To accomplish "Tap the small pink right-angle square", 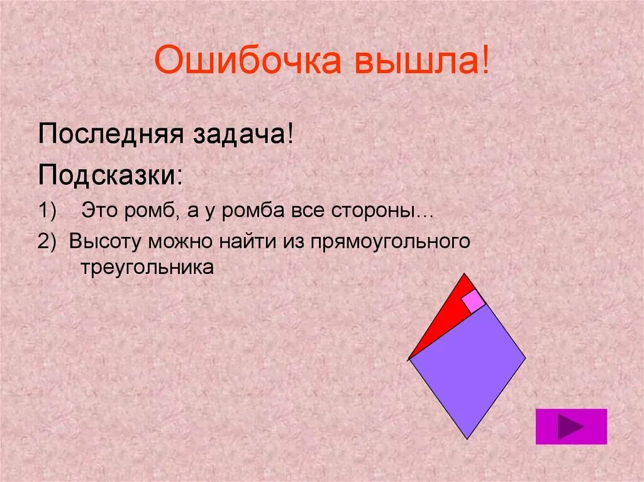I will [474, 302].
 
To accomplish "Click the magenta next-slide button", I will [571, 427].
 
